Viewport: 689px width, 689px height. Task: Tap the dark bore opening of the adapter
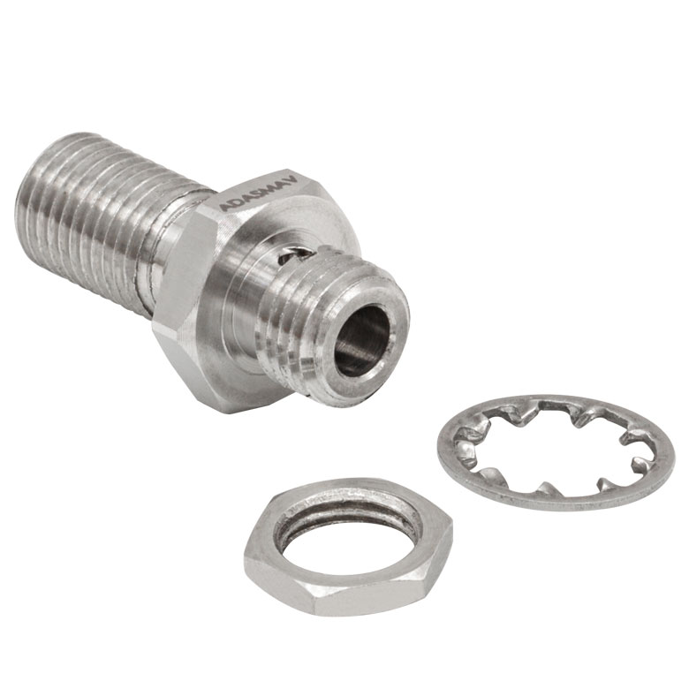click(362, 340)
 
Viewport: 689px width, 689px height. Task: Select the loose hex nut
click(348, 546)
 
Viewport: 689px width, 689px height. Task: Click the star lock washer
click(556, 452)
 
